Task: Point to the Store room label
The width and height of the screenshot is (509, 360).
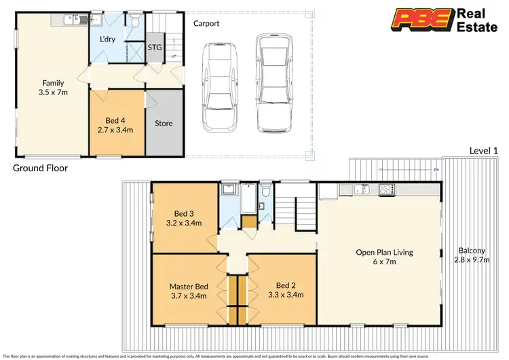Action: pyautogui.click(x=164, y=124)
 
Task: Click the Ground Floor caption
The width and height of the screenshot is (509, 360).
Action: pyautogui.click(x=41, y=167)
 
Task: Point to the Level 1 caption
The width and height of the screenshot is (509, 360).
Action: pyautogui.click(x=484, y=149)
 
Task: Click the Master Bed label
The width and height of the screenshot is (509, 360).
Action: pyautogui.click(x=189, y=290)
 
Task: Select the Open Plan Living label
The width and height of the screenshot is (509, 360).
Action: pyautogui.click(x=384, y=257)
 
